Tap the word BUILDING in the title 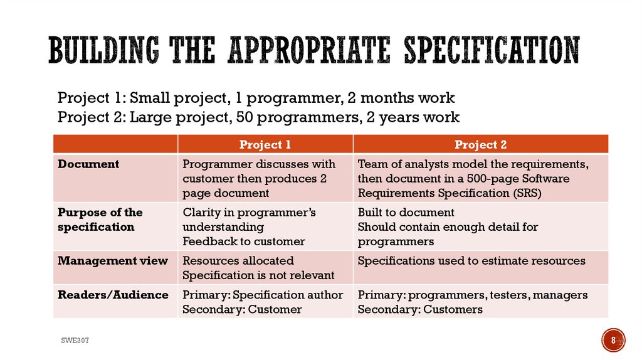(100, 50)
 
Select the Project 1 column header (265, 145)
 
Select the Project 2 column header (480, 145)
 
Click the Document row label (88, 164)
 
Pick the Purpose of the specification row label (100, 220)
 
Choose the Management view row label (113, 261)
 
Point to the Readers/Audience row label (113, 295)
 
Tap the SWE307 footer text (75, 340)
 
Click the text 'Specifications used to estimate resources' (471, 261)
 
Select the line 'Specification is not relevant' (258, 275)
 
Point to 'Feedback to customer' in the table (244, 241)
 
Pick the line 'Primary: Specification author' (263, 295)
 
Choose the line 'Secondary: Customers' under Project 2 (420, 309)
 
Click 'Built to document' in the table (406, 213)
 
